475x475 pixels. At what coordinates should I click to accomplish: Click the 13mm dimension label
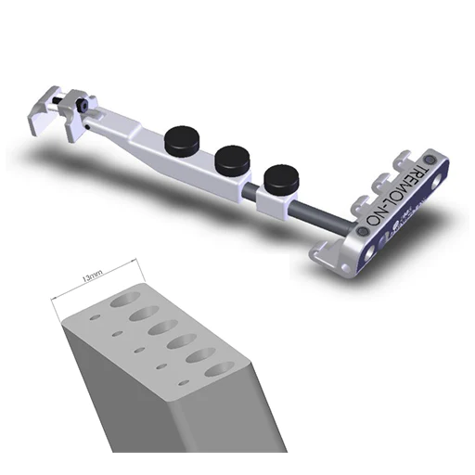[x=91, y=276]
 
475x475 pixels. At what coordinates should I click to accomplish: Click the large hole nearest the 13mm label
[x=122, y=302]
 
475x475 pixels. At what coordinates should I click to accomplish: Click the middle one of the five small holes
[x=139, y=349]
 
